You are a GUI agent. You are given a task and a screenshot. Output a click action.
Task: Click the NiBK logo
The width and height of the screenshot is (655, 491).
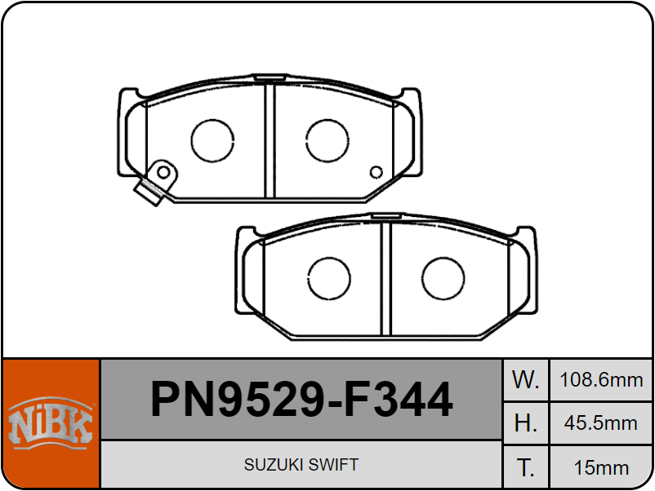[x=51, y=422]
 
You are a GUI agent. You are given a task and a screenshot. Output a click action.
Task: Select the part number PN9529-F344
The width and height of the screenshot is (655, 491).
[x=301, y=399]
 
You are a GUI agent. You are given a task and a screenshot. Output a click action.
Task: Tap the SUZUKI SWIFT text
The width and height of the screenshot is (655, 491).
[x=301, y=465]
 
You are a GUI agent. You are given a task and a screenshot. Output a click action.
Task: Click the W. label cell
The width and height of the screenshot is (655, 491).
[x=525, y=379]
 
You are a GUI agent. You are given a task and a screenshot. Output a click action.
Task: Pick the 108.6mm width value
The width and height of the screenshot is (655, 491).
[x=601, y=379]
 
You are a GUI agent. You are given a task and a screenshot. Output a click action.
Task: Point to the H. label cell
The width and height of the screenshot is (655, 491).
[x=525, y=423]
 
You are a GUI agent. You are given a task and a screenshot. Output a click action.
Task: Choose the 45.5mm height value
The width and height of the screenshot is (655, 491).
[x=601, y=423]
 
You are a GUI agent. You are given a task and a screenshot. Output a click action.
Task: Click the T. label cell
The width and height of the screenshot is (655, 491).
[x=525, y=467]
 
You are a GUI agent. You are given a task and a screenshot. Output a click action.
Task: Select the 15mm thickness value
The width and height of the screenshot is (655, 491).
[x=601, y=467]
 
